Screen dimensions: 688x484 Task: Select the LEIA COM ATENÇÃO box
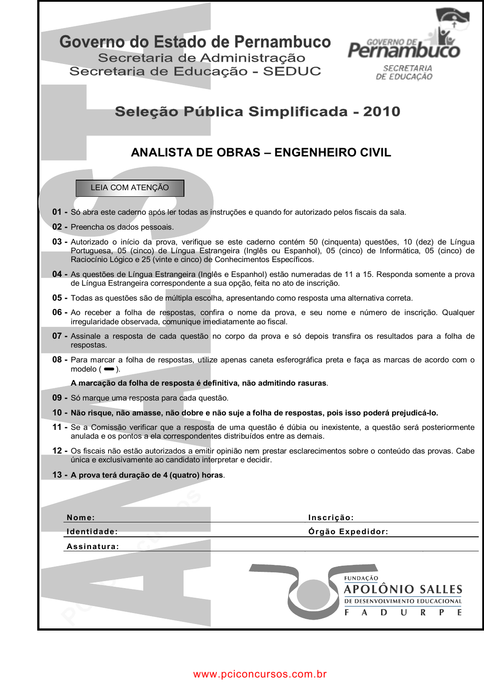coord(130,188)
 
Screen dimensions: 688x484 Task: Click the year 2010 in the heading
coord(382,112)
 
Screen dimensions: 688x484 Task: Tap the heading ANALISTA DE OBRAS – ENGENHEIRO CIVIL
coord(261,152)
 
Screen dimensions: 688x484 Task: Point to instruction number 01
coord(57,212)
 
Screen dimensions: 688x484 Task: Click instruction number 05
coord(57,298)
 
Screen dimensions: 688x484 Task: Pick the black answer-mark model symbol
coord(109,369)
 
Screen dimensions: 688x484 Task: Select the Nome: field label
coord(81,518)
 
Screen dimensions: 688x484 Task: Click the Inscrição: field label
coord(331,518)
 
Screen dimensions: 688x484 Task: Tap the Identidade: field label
coord(92,532)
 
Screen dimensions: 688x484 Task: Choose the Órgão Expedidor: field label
coord(348,532)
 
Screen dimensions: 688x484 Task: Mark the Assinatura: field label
coord(93,546)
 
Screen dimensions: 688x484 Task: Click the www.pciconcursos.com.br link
coord(260,674)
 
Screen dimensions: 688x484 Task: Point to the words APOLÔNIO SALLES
coord(403,589)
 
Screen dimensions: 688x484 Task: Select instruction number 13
coord(57,475)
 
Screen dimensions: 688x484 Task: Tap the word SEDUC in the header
coord(292,71)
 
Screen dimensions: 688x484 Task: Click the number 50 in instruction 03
coord(313,242)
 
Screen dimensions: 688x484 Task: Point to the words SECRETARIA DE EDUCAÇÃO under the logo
coord(405,72)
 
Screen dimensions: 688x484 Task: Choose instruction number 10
coord(57,413)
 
